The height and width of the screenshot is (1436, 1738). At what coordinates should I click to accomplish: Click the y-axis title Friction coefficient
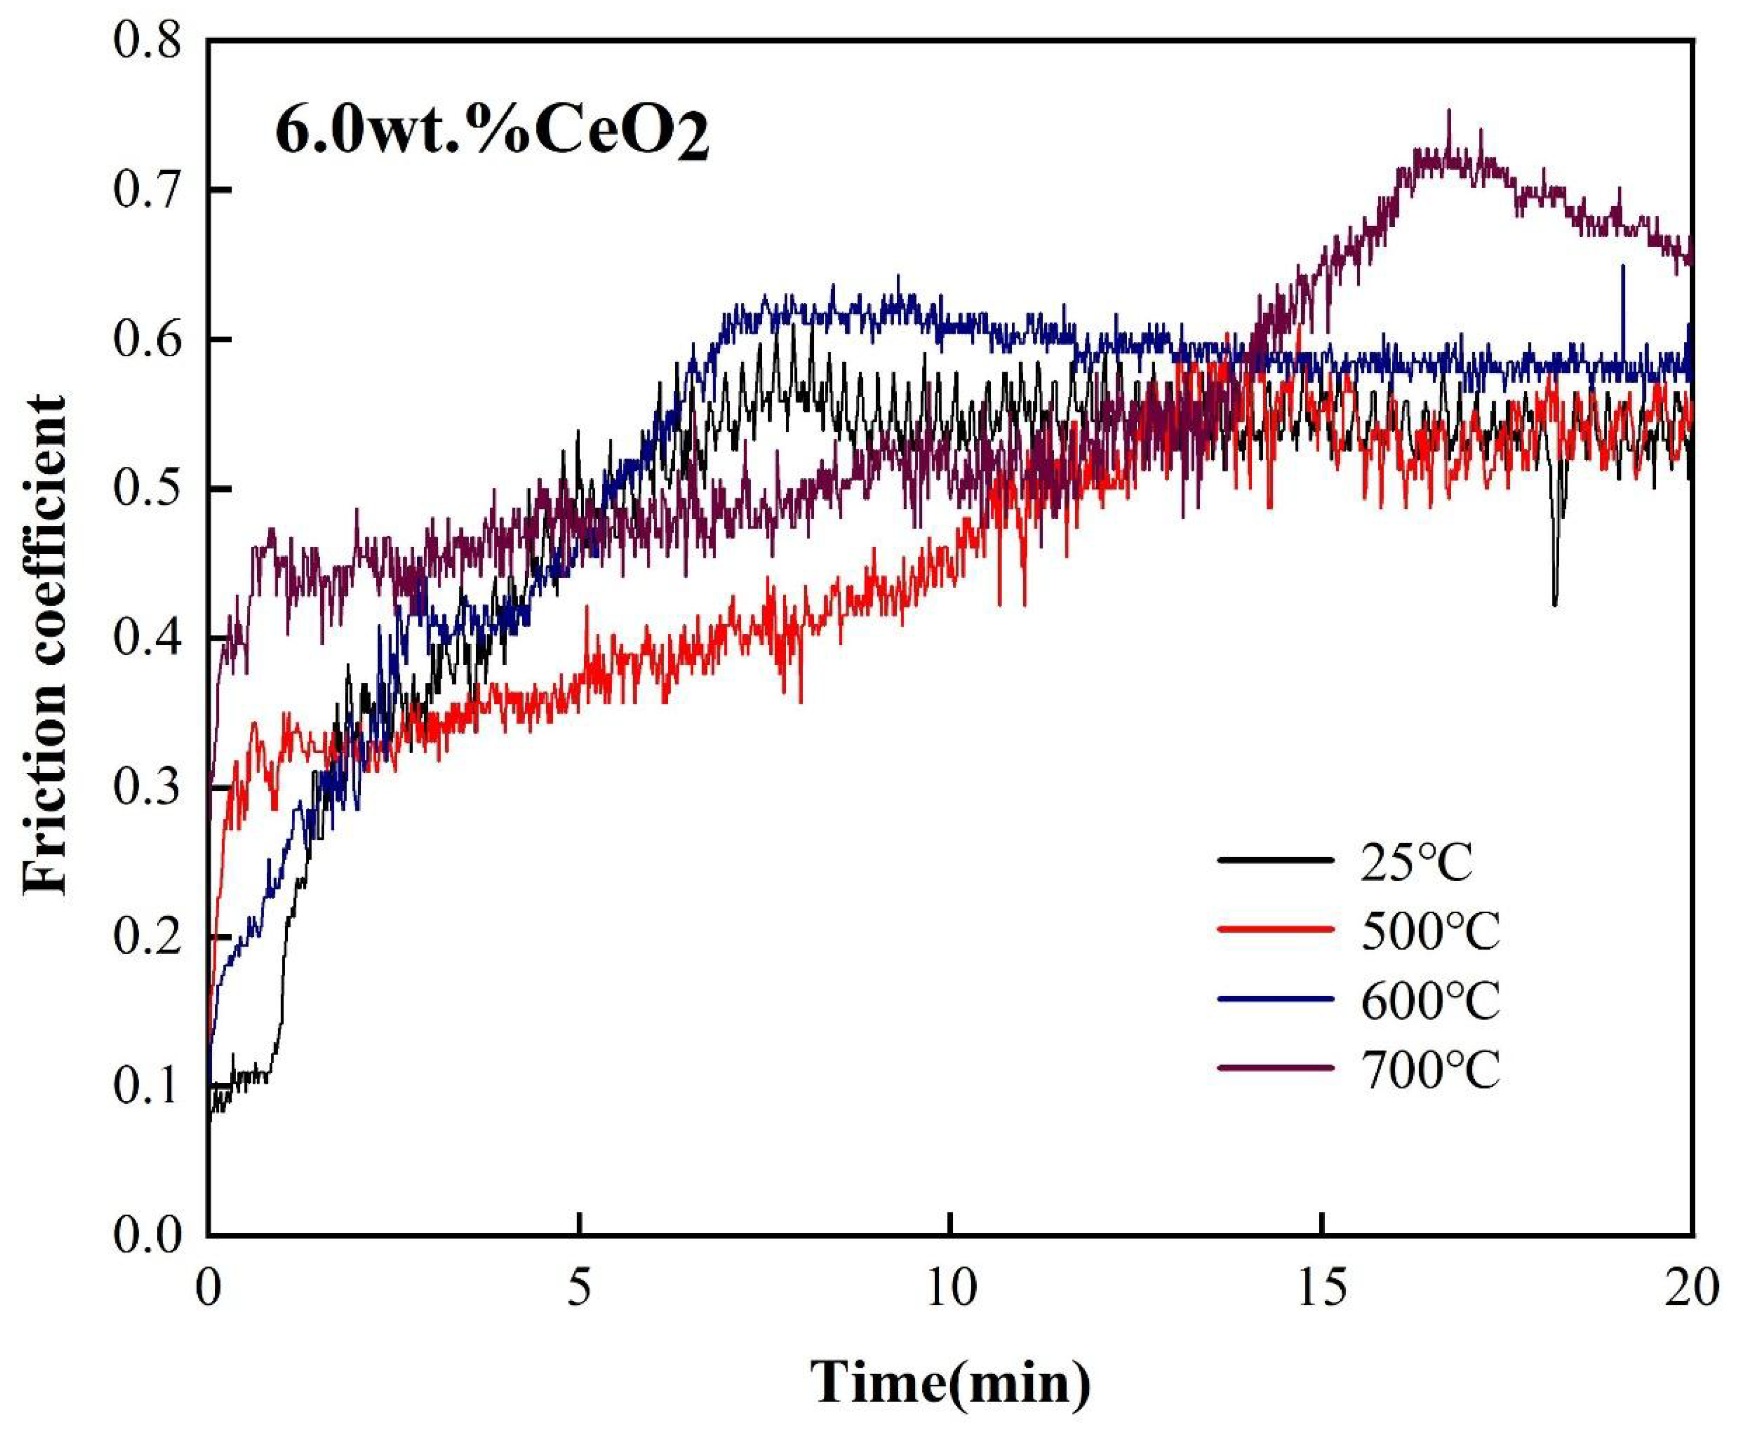pos(45,645)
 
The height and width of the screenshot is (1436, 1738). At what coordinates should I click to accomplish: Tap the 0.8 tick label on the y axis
pos(147,41)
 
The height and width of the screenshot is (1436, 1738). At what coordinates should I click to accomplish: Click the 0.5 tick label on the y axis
pos(147,489)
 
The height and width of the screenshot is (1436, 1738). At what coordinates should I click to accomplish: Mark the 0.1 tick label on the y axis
pos(147,1086)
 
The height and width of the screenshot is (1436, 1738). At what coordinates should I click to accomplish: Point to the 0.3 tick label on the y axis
pos(147,788)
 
